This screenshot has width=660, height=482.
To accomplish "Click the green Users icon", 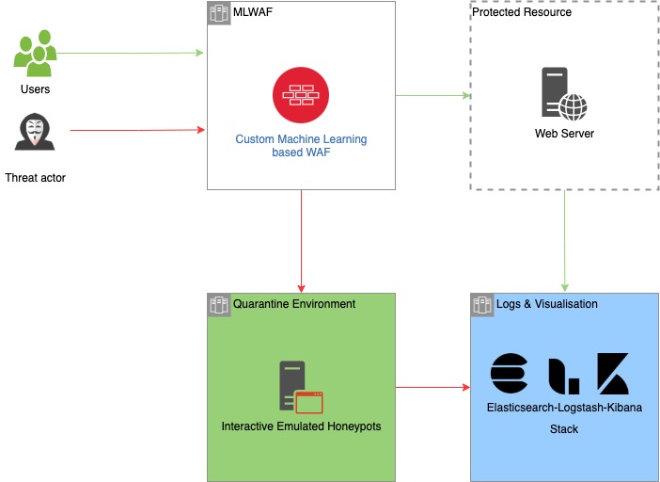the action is tap(35, 53).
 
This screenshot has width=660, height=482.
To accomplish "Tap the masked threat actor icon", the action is tap(35, 132).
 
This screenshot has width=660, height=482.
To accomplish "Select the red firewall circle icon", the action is tap(301, 95).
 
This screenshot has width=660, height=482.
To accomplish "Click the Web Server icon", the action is tap(564, 93).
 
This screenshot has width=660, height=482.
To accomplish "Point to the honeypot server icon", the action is tap(301, 387).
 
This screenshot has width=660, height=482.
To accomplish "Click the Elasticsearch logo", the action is tap(509, 374).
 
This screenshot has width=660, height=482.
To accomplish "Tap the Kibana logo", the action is tap(613, 374).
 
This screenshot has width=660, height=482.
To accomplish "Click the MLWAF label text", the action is tap(253, 12).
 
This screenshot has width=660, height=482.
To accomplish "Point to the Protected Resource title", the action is tap(522, 12).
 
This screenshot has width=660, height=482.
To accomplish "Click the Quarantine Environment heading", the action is tap(294, 304).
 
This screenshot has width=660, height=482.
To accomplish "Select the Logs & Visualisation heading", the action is tap(547, 304).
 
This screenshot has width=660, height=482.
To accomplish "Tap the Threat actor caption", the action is tap(36, 178).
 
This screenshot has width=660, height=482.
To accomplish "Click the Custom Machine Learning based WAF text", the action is tap(301, 145).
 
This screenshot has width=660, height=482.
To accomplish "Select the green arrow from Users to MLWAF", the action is tap(130, 53).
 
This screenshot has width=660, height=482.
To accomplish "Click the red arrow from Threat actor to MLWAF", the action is tap(137, 130).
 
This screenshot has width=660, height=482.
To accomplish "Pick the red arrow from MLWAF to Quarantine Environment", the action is tap(302, 241).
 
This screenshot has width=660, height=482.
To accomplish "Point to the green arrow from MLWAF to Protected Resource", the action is tap(432, 95).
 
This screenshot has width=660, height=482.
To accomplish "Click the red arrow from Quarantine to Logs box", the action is tap(432, 387).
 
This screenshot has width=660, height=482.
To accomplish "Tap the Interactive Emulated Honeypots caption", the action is tap(302, 426).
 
